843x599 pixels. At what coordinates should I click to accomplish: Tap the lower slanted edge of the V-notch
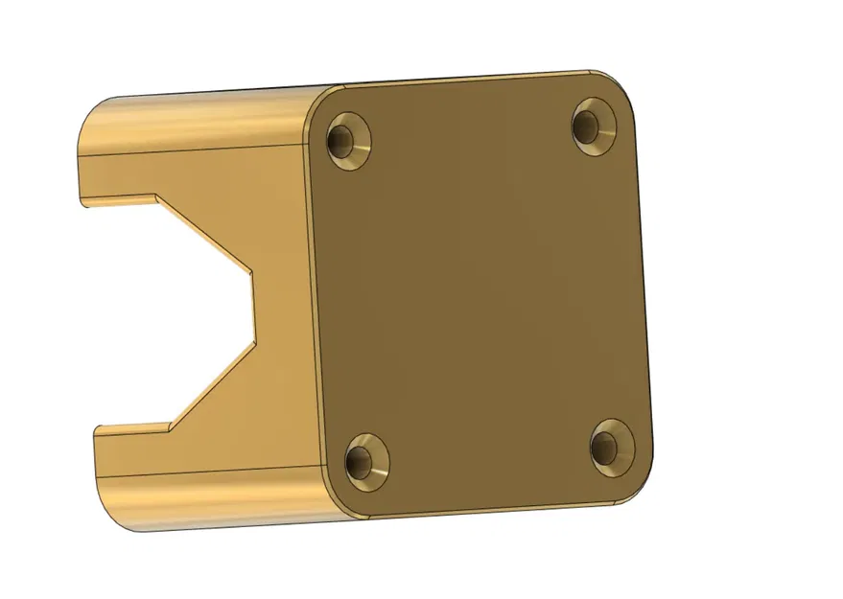212,383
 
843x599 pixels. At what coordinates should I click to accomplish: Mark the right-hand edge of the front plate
646,288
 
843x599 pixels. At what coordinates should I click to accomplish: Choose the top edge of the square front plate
460,80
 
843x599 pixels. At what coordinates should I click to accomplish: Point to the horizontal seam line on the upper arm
192,149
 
